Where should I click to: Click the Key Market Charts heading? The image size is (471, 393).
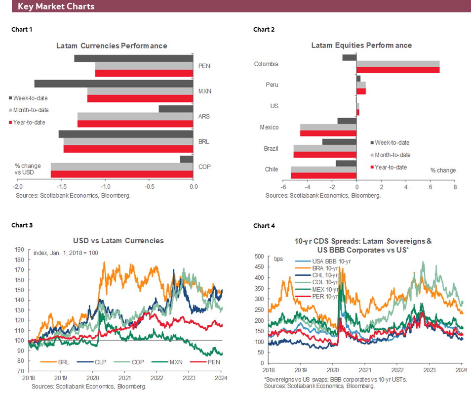tap(56, 7)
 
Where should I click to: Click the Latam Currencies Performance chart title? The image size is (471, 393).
tap(111, 45)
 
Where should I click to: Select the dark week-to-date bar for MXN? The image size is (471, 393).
tap(113, 84)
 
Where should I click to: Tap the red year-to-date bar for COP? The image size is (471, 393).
tap(121, 174)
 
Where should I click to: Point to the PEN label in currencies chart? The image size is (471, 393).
tap(204, 66)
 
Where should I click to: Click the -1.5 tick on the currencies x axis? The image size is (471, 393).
tap(61, 186)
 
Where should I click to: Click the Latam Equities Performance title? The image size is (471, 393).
tap(361, 45)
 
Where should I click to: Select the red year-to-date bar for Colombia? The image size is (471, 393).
tap(397, 70)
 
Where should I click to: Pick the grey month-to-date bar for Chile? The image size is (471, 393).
tap(323, 170)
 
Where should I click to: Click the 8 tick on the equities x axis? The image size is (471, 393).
tap(454, 188)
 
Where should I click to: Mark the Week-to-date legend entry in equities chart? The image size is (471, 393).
tap(392, 142)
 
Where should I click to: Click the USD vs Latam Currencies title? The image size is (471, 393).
tap(118, 241)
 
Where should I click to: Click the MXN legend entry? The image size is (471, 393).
tap(175, 362)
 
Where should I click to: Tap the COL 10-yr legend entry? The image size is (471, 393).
tap(324, 282)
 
